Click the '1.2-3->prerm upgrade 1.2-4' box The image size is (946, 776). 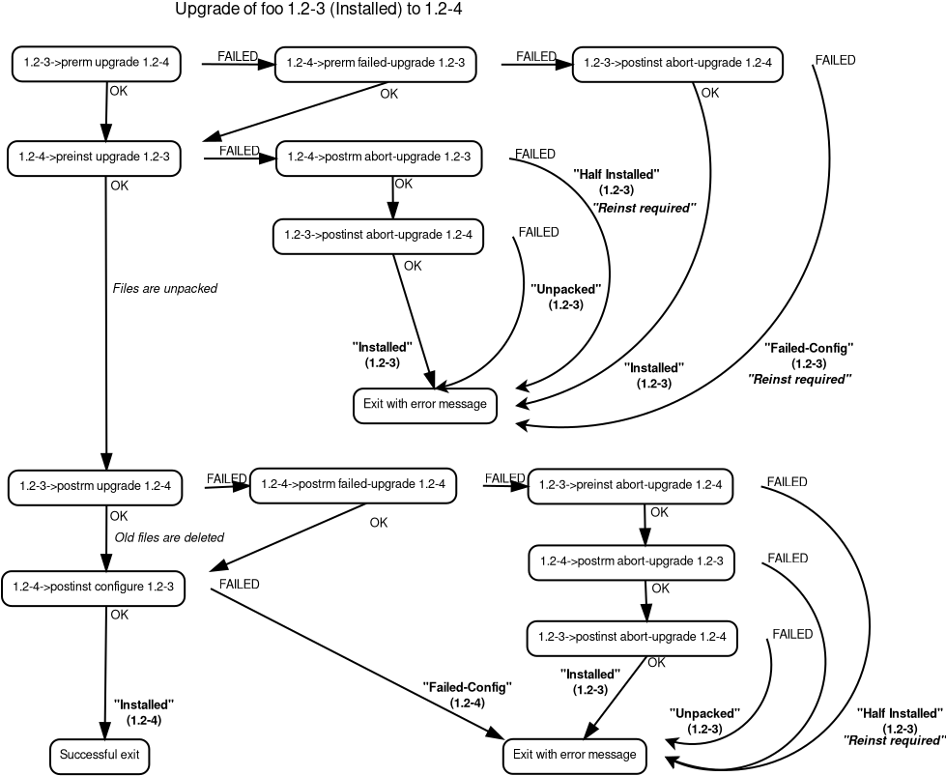pyautogui.click(x=96, y=64)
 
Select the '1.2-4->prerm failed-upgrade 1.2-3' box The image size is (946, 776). pyautogui.click(x=376, y=64)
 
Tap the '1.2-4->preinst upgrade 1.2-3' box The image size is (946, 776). pyautogui.click(x=95, y=158)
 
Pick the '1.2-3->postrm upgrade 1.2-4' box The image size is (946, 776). pyautogui.click(x=95, y=486)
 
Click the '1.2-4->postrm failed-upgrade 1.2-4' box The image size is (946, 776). pyautogui.click(x=353, y=485)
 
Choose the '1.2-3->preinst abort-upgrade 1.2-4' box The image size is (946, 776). pyautogui.click(x=630, y=486)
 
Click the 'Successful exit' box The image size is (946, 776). pyautogui.click(x=100, y=755)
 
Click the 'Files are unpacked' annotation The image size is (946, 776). pyautogui.click(x=165, y=288)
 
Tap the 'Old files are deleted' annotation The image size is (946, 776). pyautogui.click(x=169, y=537)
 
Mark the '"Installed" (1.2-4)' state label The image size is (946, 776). pyautogui.click(x=143, y=712)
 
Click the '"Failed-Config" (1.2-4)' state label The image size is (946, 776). pyautogui.click(x=467, y=695)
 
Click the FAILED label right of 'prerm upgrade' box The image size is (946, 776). pyautogui.click(x=237, y=56)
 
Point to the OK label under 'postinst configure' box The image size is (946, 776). pyautogui.click(x=119, y=614)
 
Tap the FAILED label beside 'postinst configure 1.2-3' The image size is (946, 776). pyautogui.click(x=239, y=584)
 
